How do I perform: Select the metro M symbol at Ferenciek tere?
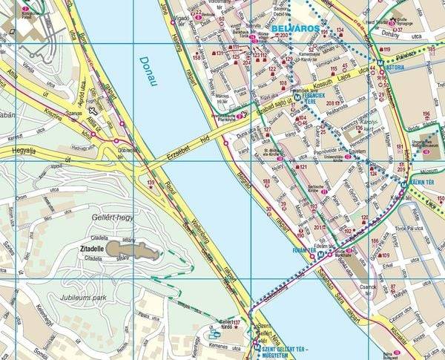click(x=297, y=96)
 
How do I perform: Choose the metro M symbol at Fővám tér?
click(x=320, y=254)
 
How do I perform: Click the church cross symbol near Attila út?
click(x=93, y=110)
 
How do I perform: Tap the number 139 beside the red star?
click(x=151, y=182)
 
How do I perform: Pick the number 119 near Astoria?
click(x=386, y=50)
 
